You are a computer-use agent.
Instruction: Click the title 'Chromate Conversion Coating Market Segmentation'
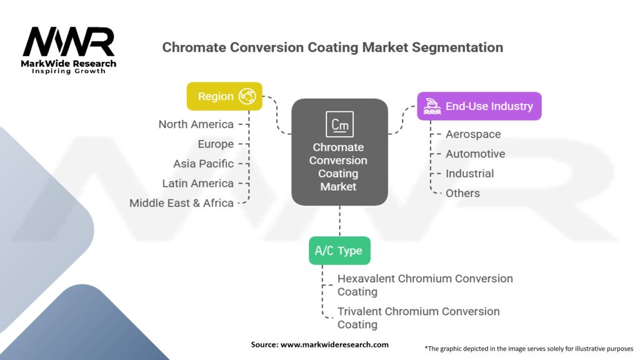[x=332, y=47]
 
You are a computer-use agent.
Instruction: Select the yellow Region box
[x=224, y=96]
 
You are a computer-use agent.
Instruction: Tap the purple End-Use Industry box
[x=479, y=106]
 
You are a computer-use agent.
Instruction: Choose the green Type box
[x=339, y=251]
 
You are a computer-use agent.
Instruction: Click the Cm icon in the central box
[x=339, y=124]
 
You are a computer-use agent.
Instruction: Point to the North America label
[x=196, y=124]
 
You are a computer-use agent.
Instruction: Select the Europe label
[x=215, y=144]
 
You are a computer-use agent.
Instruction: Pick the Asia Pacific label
[x=203, y=164]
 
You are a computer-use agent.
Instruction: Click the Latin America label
[x=197, y=183]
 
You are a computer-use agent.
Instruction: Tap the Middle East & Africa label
[x=181, y=203]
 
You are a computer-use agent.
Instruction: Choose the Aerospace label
[x=472, y=134]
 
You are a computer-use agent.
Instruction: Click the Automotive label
[x=475, y=154]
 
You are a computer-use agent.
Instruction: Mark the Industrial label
[x=469, y=174]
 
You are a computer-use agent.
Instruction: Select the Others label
[x=462, y=193]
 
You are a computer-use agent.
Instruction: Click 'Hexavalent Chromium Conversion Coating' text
[x=425, y=285]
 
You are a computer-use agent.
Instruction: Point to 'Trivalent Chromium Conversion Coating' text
[x=419, y=317]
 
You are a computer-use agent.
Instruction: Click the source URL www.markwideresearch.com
[x=320, y=344]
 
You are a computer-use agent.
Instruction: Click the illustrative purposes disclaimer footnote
[x=529, y=348]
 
